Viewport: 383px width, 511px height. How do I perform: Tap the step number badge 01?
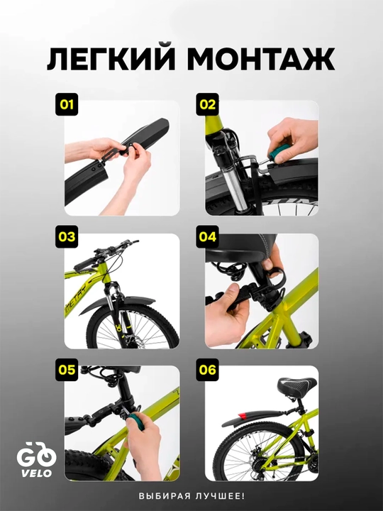(x=67, y=104)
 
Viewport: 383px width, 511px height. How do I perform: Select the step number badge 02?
(x=207, y=104)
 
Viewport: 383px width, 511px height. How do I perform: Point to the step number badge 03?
(x=67, y=237)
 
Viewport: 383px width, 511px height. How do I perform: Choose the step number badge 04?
(x=207, y=237)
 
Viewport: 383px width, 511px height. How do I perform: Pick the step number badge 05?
(x=67, y=370)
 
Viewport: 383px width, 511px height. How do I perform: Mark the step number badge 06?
(x=207, y=370)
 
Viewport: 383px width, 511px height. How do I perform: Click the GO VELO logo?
(x=36, y=459)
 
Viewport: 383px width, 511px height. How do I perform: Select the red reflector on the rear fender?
(x=243, y=416)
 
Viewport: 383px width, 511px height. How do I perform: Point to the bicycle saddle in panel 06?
(x=296, y=387)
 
